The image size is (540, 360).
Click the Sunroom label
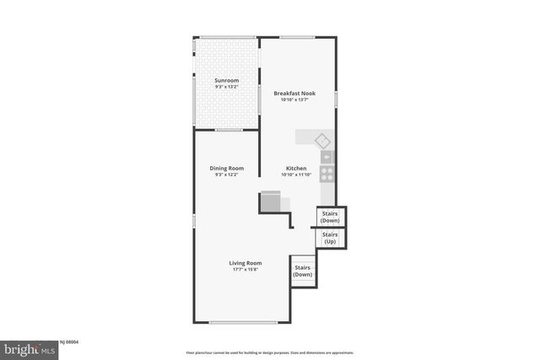225,80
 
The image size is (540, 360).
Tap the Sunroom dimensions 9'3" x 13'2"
225,86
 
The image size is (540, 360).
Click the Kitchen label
296,169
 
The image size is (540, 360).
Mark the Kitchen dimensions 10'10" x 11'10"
296,175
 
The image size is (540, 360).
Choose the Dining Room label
227,168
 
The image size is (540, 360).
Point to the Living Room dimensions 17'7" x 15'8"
245,270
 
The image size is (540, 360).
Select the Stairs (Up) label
330,238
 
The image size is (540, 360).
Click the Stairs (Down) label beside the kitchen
330,217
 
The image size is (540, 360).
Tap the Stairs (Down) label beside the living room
303,271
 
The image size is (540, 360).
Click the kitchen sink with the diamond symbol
321,139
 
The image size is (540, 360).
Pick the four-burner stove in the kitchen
327,175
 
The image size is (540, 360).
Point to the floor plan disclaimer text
270,352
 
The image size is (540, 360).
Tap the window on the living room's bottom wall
244,322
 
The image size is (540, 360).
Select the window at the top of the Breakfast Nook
297,37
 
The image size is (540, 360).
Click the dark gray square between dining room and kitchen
270,202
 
